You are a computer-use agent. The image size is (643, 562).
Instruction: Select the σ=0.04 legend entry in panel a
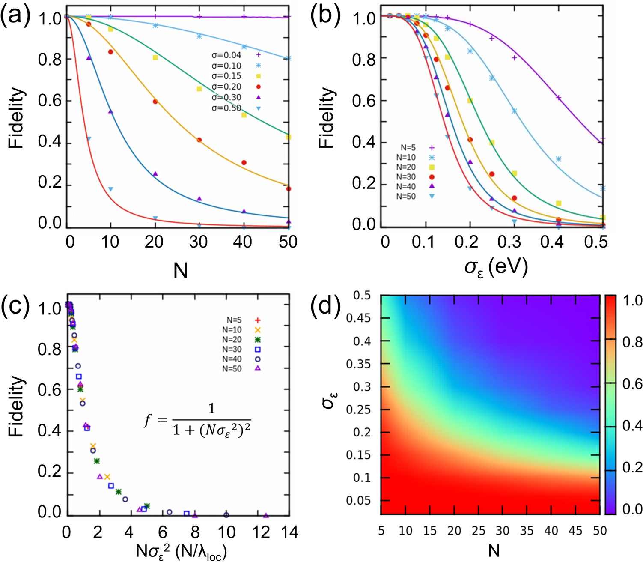pos(235,55)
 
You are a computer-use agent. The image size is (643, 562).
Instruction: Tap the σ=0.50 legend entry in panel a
pos(235,108)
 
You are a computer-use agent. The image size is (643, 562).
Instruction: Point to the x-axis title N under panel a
pos(180,271)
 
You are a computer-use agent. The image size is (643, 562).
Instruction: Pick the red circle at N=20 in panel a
pos(155,102)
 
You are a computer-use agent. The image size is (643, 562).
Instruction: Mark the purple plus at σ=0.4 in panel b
pos(558,98)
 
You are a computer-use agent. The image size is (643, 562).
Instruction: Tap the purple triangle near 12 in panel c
pos(266,515)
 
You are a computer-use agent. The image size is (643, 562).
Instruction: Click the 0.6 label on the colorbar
pos(632,384)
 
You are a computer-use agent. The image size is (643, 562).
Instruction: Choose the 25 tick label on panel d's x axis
pos(478,531)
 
